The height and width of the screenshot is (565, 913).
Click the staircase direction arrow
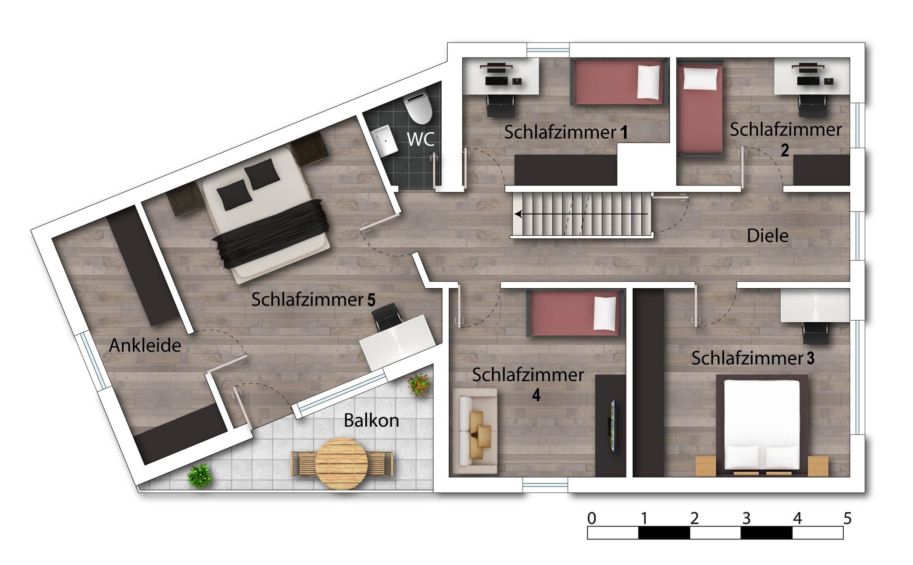coord(581,214)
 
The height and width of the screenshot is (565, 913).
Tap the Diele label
coord(767,236)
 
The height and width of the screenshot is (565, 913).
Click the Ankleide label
coord(145,345)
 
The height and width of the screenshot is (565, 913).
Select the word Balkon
coord(371,420)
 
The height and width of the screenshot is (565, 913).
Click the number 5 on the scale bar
coord(848,518)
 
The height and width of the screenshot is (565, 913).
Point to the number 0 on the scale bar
coord(591,518)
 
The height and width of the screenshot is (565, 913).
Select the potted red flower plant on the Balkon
coord(419,384)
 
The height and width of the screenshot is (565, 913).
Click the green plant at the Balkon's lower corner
coord(200,476)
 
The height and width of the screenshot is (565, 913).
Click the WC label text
coord(421,139)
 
